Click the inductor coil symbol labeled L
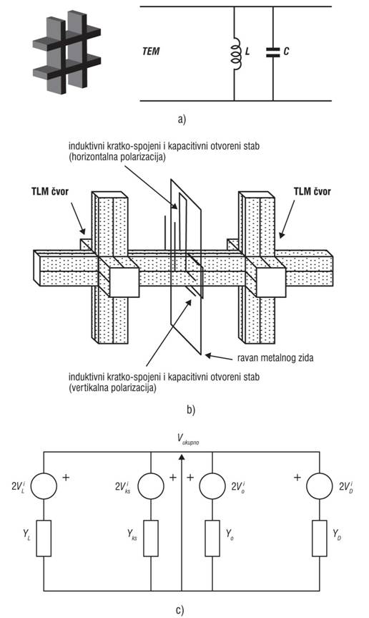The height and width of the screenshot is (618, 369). click(235, 52)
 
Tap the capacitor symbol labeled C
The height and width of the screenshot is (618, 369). click(272, 52)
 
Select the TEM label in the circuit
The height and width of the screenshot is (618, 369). click(151, 52)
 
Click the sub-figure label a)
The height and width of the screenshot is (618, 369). click(182, 119)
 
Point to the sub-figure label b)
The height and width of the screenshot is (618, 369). click(191, 410)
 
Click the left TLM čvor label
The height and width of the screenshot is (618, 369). click(50, 192)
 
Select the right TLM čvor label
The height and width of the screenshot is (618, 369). click(313, 191)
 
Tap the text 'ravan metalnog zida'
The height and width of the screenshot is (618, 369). click(275, 358)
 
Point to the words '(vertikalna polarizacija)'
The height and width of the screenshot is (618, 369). click(112, 388)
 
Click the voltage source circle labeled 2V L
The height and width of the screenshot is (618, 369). click(44, 486)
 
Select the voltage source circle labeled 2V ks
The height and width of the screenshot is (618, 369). click(151, 486)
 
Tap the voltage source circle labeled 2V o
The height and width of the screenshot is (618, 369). click(212, 486)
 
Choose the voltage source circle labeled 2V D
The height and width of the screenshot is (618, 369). click(320, 486)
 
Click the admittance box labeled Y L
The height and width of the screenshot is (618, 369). click(44, 538)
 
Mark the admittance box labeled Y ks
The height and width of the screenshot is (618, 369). click(151, 538)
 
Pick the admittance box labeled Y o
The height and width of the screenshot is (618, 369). click(212, 538)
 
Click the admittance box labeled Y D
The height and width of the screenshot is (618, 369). click(320, 538)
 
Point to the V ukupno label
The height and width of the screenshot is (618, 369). click(187, 438)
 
